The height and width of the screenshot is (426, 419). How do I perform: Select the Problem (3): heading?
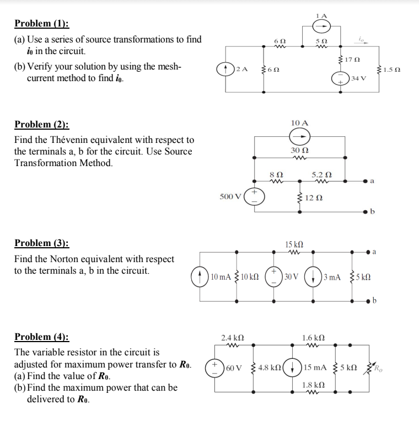pos(42,243)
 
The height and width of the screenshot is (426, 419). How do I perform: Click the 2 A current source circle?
pos(225,69)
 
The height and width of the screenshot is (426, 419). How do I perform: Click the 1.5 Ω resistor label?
pos(392,70)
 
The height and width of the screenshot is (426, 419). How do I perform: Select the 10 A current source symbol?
pos(301,137)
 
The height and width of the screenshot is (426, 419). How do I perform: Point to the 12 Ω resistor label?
pos(313,198)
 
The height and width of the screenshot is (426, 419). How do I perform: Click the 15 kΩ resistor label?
pos(293,244)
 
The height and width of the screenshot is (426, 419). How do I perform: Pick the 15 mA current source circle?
pos(294,367)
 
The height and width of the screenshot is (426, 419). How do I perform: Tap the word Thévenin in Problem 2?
pos(78,140)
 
